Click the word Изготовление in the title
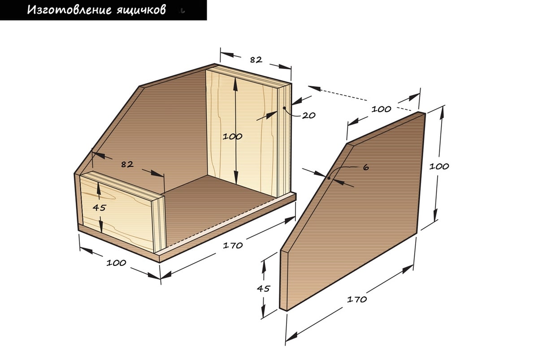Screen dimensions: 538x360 (x=69, y=10)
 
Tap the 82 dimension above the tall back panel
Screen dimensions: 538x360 (x=256, y=60)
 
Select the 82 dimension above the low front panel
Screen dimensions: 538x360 (x=127, y=164)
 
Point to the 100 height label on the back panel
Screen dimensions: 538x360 (x=232, y=137)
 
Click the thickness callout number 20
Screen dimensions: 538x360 (x=308, y=116)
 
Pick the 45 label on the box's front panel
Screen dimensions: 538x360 (x=99, y=208)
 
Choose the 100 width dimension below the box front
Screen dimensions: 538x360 (x=116, y=263)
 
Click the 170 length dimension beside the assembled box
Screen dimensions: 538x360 (x=233, y=245)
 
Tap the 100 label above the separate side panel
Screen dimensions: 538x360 (x=382, y=109)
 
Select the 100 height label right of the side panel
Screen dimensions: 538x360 (x=439, y=166)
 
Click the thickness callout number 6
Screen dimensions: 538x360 (x=366, y=167)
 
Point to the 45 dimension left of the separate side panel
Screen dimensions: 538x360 (x=264, y=288)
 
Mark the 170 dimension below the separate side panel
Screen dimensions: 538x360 (x=357, y=299)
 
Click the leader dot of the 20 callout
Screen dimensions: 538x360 (x=284, y=108)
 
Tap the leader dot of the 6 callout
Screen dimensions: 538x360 (x=329, y=178)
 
